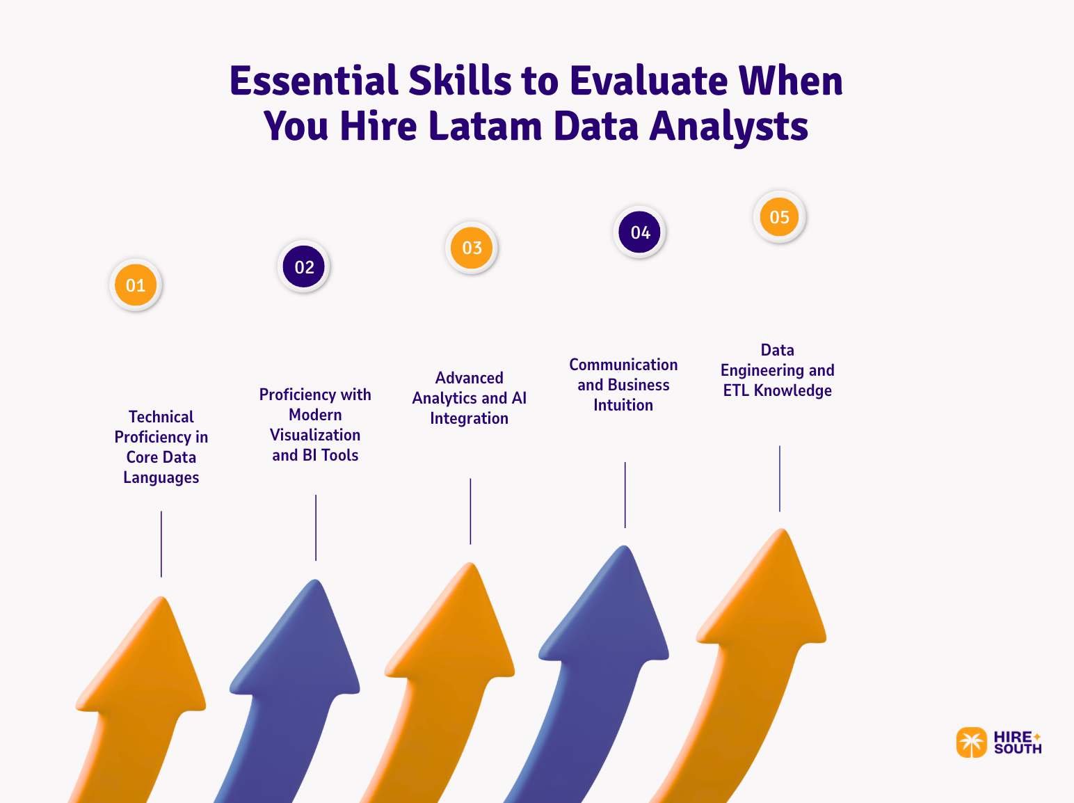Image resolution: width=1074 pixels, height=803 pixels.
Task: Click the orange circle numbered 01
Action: point(136,285)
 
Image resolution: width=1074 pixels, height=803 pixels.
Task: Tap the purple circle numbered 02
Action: point(304,267)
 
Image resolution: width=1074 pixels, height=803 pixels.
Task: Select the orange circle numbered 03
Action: point(472,248)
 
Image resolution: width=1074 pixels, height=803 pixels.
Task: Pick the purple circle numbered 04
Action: point(640,232)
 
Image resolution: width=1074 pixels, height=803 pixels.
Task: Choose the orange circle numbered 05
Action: point(779,217)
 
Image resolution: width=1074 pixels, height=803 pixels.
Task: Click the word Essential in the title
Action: point(314,81)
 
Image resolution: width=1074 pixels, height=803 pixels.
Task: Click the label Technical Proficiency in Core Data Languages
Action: point(161,447)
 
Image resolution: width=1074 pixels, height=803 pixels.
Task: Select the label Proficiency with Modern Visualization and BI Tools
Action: point(315,424)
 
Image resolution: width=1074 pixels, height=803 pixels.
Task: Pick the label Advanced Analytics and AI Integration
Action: point(470,398)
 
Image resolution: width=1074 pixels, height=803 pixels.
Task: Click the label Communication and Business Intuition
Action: point(623,385)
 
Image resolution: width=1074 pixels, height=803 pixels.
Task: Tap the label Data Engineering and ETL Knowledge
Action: point(777,370)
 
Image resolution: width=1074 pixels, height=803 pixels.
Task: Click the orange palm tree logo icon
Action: point(971,742)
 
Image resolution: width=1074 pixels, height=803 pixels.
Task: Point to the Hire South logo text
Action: point(1017,742)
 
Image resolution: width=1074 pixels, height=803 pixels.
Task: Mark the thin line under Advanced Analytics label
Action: point(470,511)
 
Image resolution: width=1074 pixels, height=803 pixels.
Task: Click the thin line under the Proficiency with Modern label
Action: point(316,527)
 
